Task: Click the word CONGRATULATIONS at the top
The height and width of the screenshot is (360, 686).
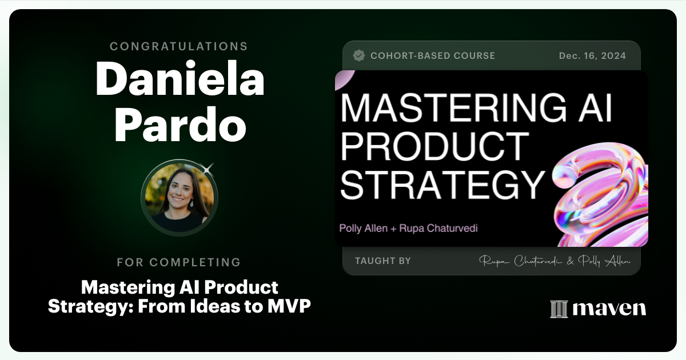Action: pos(179,46)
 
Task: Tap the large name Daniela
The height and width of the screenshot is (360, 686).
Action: pos(180,79)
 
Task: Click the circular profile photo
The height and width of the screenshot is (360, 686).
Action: pos(179,197)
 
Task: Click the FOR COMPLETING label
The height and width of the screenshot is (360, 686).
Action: pos(179,262)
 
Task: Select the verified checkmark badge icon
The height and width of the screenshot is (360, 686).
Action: pos(359,55)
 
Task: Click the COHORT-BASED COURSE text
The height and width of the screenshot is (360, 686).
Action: pos(433,56)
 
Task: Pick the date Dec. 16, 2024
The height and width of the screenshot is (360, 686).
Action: pos(592,56)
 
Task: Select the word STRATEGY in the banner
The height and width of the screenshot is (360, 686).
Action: pos(442,184)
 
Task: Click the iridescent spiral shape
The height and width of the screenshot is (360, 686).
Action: pos(600,194)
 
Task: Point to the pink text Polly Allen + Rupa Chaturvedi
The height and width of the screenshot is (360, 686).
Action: pos(408,229)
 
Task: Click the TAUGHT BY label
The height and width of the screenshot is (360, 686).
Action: pos(382,261)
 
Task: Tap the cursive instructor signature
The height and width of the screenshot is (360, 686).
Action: pos(555,261)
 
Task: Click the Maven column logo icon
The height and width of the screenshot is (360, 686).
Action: pos(558,309)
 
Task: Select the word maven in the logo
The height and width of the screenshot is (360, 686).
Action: pos(609,309)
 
